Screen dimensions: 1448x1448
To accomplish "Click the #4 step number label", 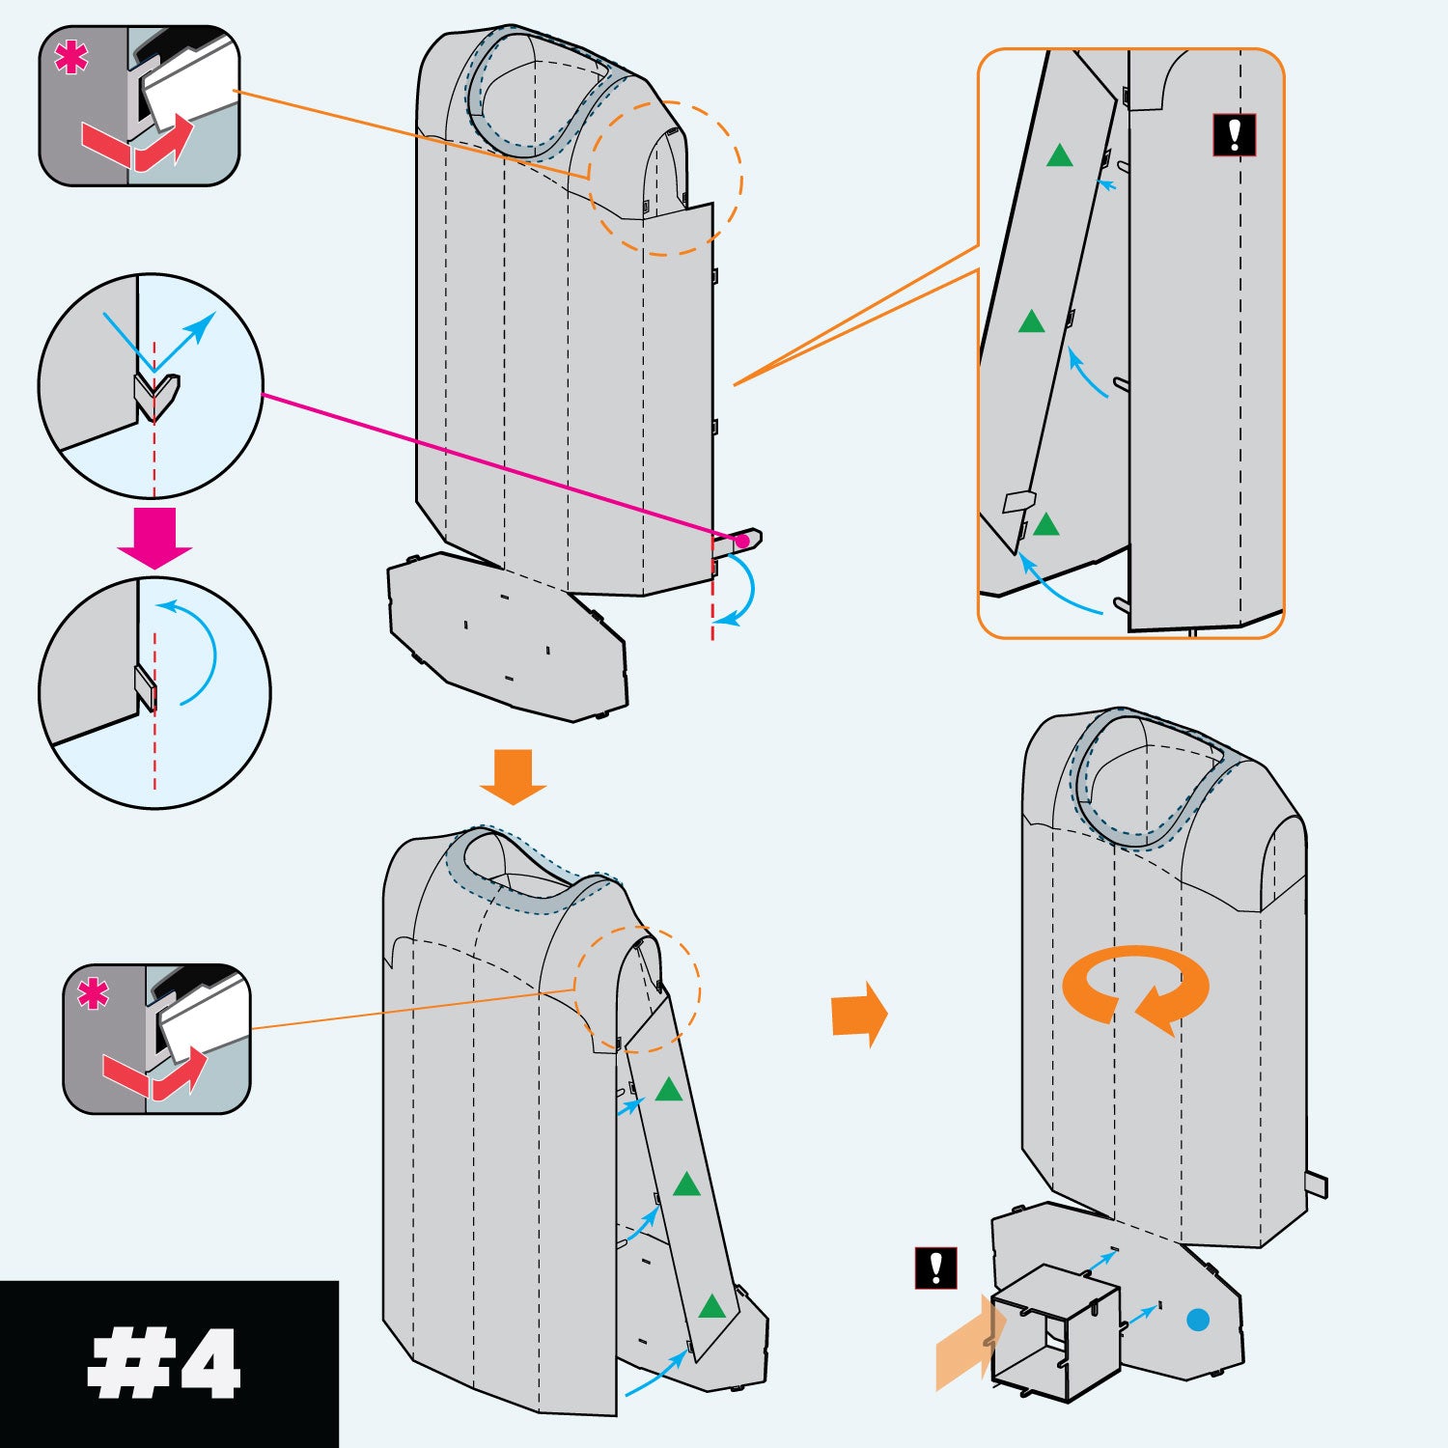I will pyautogui.click(x=164, y=1363).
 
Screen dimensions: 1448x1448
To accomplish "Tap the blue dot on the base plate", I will pyautogui.click(x=1197, y=1320).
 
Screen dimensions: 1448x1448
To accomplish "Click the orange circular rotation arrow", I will pyautogui.click(x=1134, y=988).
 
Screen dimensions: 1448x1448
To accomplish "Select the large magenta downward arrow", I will pyautogui.click(x=154, y=537).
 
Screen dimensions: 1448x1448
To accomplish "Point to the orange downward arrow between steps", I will pyautogui.click(x=514, y=776).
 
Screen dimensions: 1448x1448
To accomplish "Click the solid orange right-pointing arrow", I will pyautogui.click(x=858, y=1014).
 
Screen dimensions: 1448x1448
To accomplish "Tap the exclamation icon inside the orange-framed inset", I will pyautogui.click(x=1234, y=135).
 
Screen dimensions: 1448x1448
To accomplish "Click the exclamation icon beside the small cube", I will pyautogui.click(x=935, y=1267).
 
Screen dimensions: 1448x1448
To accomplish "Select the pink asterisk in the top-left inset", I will pyautogui.click(x=70, y=59).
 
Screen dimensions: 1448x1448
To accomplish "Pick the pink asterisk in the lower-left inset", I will pyautogui.click(x=94, y=993).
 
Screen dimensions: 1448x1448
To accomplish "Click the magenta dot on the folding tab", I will pyautogui.click(x=741, y=542).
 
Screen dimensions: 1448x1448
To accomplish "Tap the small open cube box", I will pyautogui.click(x=1055, y=1333).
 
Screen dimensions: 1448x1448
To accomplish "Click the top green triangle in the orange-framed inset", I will pyautogui.click(x=1060, y=156).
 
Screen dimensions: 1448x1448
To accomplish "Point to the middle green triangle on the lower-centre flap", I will pyautogui.click(x=686, y=1184).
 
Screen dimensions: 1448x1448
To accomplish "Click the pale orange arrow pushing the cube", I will pyautogui.click(x=965, y=1343).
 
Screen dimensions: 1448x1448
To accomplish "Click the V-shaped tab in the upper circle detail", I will pyautogui.click(x=155, y=395).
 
